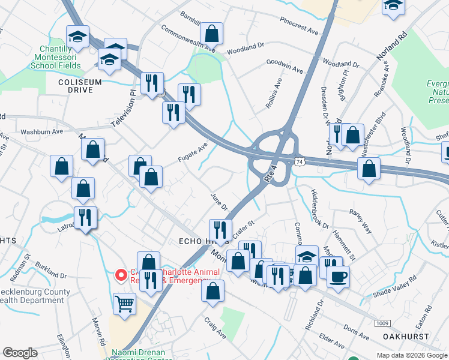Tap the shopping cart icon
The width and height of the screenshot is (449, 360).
[x=124, y=303]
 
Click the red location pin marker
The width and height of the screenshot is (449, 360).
[x=121, y=275]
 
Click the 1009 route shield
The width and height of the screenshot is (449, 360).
[x=381, y=324]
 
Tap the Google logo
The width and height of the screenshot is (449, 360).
[x=20, y=353]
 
